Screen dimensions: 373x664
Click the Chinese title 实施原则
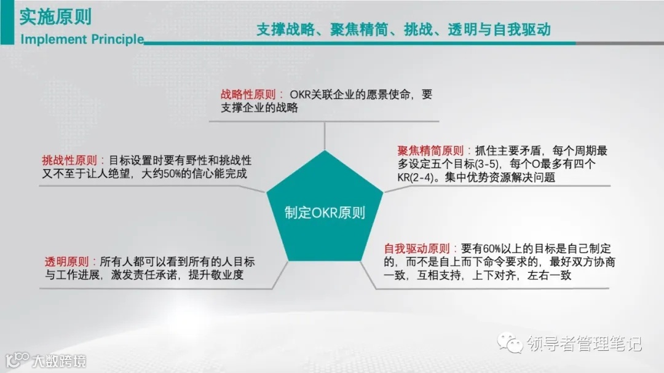point(55,17)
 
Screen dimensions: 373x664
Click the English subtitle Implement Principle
point(82,39)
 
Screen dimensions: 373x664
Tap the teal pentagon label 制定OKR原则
point(325,213)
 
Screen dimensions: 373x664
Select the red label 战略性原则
point(248,95)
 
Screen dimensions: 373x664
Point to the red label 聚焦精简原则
point(430,151)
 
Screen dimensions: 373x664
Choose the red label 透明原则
point(66,262)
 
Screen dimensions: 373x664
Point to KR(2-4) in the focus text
point(414,178)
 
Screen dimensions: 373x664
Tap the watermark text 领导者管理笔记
point(584,342)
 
